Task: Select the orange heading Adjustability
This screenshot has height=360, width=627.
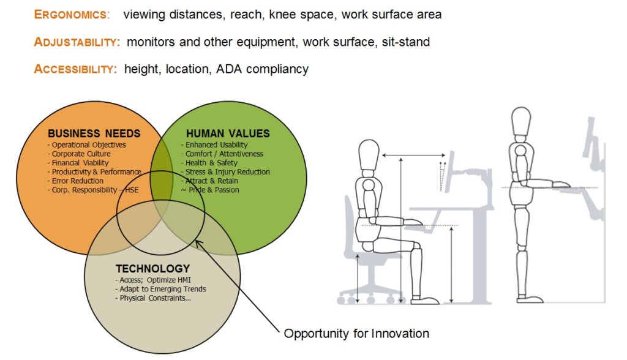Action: pos(77,42)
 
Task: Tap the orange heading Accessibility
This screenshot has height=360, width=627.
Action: pos(75,69)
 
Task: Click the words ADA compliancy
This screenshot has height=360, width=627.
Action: pos(262,69)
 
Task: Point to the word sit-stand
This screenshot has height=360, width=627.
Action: pos(406,42)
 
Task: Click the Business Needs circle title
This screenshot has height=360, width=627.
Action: pos(94,133)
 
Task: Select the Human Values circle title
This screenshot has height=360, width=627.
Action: pos(228,133)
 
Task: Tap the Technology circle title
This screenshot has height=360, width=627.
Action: pos(152,268)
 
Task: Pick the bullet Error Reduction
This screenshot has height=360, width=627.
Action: pos(75,181)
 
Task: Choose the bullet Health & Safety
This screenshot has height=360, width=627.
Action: pos(209,163)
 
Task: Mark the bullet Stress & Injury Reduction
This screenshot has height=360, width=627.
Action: pos(225,172)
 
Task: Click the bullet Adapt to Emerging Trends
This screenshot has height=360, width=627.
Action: pos(160,289)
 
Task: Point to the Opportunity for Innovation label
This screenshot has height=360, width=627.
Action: pos(356,333)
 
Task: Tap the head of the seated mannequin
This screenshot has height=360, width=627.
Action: pos(369,154)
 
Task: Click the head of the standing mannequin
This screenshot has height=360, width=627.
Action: pos(521,121)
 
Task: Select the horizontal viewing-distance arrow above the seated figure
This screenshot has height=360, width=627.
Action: pos(414,155)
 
